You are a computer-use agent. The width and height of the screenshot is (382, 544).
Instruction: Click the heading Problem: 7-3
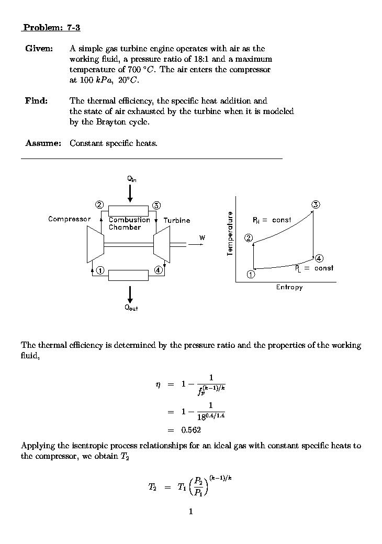coord(51,28)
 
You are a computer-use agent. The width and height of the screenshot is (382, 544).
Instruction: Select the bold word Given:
coord(39,49)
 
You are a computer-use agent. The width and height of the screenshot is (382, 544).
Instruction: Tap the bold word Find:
coord(36,101)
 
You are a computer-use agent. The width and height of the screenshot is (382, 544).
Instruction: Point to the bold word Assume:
coord(43,143)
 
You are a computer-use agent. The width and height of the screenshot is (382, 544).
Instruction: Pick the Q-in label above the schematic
coord(131,179)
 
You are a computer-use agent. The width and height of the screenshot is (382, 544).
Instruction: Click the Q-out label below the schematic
coord(131,308)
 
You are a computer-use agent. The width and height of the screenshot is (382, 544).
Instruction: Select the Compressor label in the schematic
coord(69,219)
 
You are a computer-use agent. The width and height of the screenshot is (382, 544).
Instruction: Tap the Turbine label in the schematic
coord(177,221)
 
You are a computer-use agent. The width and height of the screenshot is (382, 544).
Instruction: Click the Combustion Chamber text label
coord(129,224)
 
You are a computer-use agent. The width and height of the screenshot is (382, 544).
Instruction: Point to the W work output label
coord(202,238)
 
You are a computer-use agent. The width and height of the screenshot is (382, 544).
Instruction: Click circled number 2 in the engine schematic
coord(99,205)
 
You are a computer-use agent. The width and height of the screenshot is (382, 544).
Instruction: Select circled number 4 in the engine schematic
coord(158,270)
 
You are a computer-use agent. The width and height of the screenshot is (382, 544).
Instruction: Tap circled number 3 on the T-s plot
coord(316,205)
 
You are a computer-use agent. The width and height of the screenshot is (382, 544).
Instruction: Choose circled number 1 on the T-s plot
coord(251,275)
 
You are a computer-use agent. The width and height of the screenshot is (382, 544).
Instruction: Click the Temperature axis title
coord(230,234)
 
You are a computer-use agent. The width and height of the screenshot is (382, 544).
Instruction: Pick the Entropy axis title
coord(289,287)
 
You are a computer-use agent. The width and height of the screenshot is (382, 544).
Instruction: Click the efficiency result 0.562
coord(191,430)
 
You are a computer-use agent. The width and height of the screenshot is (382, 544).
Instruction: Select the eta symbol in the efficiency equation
coord(158,384)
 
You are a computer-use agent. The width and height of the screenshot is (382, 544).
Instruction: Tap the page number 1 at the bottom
coord(191,512)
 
